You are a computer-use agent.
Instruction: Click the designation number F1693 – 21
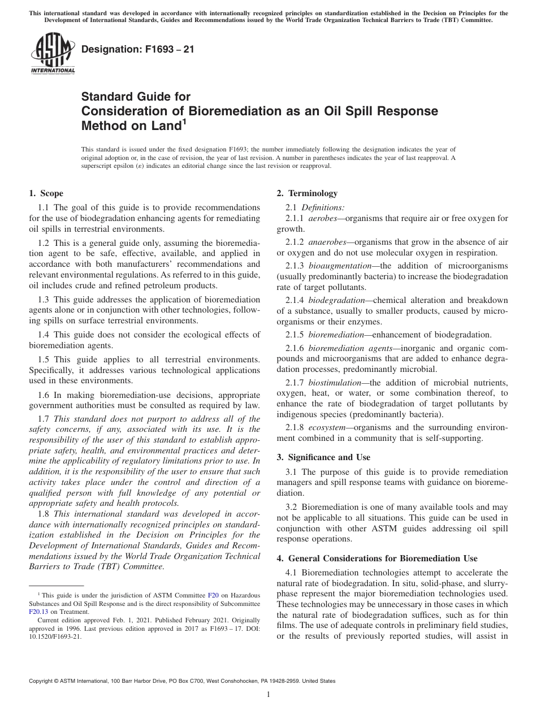click(138, 49)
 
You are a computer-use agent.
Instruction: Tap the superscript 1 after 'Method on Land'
click(184, 120)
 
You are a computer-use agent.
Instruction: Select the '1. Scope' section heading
click(46, 193)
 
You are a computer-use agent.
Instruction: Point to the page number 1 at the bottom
click(268, 695)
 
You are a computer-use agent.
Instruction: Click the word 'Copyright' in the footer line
click(43, 681)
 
